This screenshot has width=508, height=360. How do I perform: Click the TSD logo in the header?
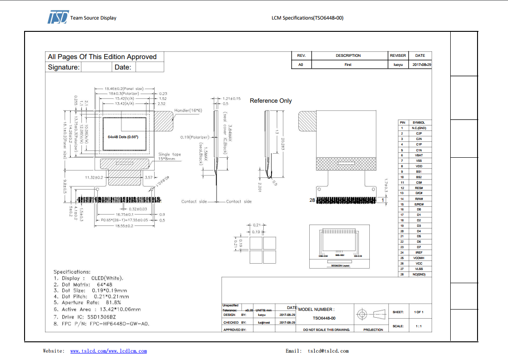pos(58,17)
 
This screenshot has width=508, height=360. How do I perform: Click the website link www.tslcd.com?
pos(88,351)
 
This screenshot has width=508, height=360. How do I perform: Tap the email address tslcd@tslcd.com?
pos(328,351)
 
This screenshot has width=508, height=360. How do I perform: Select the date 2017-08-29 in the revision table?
pos(422,65)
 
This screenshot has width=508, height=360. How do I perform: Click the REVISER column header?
pos(397,55)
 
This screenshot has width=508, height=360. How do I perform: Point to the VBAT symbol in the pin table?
pos(418,155)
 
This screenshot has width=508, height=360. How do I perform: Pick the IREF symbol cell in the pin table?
pos(418,253)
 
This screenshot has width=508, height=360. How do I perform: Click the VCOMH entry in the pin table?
pos(418,258)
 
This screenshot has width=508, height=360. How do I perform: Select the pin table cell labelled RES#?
pos(418,188)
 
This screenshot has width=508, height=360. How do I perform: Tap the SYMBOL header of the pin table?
pos(418,123)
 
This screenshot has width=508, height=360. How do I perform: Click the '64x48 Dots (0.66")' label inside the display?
pos(123,137)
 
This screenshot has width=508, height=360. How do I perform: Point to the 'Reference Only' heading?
pos(271,101)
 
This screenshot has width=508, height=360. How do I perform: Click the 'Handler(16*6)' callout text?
pos(188,110)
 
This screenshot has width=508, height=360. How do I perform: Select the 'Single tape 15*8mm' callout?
pos(169,157)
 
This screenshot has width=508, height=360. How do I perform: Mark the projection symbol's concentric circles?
pos(362,314)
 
